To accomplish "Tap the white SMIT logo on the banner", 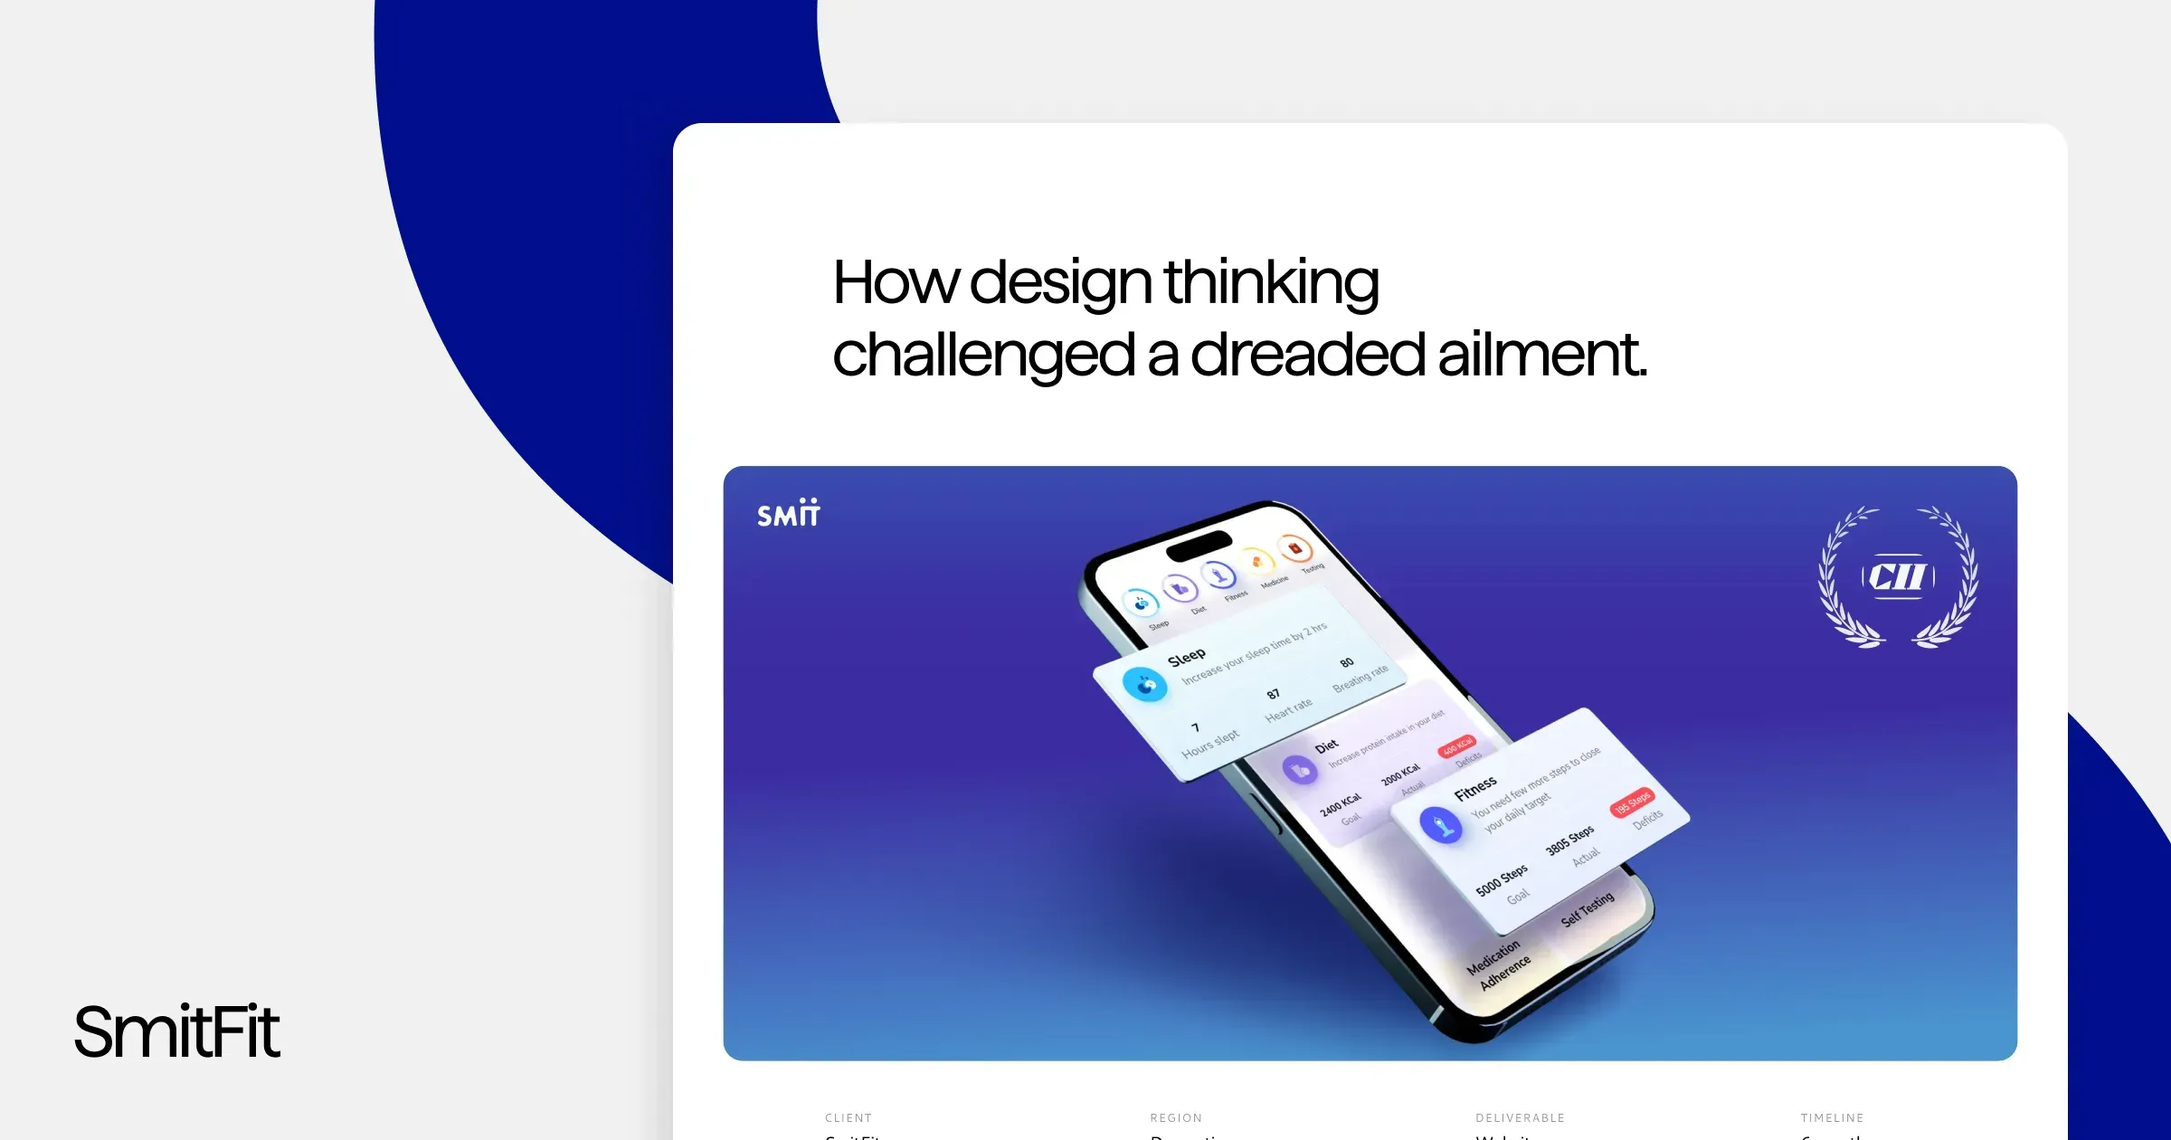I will pyautogui.click(x=788, y=513).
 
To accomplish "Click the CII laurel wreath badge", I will pyautogui.click(x=1898, y=576).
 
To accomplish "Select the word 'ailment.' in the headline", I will pyautogui.click(x=1542, y=355).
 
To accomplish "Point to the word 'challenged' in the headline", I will pyautogui.click(x=983, y=355).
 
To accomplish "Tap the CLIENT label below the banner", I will pyautogui.click(x=848, y=1117).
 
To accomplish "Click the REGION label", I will pyautogui.click(x=1176, y=1117).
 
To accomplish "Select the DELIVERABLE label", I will pyautogui.click(x=1520, y=1117).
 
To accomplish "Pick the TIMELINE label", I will pyautogui.click(x=1832, y=1117).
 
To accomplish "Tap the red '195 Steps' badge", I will pyautogui.click(x=1633, y=802).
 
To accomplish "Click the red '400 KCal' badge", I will pyautogui.click(x=1457, y=747).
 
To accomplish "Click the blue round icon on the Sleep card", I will pyautogui.click(x=1144, y=684).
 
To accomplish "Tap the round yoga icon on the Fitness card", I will pyautogui.click(x=1441, y=825).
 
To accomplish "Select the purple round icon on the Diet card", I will pyautogui.click(x=1300, y=770).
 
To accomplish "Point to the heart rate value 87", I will pyautogui.click(x=1273, y=694).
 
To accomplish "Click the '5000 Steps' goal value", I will pyautogui.click(x=1502, y=879).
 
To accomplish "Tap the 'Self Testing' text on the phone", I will pyautogui.click(x=1588, y=909).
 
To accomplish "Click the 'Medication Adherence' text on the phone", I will pyautogui.click(x=1499, y=965).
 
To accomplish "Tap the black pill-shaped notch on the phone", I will pyautogui.click(x=1199, y=546).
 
